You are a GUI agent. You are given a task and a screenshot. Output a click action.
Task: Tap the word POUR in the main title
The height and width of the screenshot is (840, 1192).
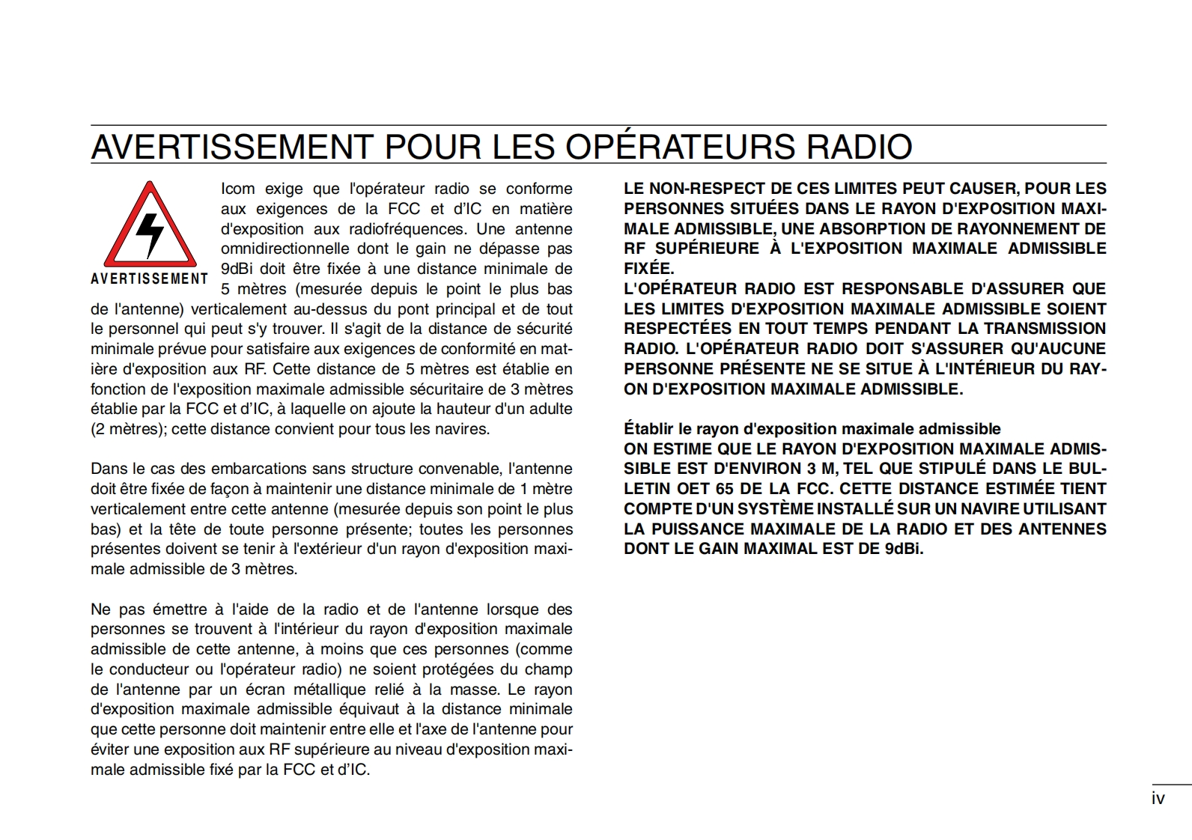click(x=432, y=147)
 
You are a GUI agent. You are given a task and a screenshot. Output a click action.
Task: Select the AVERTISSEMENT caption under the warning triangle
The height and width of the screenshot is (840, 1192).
click(x=150, y=279)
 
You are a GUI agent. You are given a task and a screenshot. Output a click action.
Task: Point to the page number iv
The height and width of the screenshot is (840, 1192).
click(x=1158, y=798)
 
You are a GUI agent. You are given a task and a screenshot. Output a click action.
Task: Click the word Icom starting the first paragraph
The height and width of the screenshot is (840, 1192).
click(x=237, y=189)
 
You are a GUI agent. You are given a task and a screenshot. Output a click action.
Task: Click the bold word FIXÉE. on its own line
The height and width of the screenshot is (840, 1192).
click(x=648, y=269)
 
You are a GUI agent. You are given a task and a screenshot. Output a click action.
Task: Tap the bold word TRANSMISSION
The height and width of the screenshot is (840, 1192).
click(x=1044, y=329)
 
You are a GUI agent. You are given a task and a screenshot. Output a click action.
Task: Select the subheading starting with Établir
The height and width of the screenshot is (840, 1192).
click(x=812, y=429)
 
